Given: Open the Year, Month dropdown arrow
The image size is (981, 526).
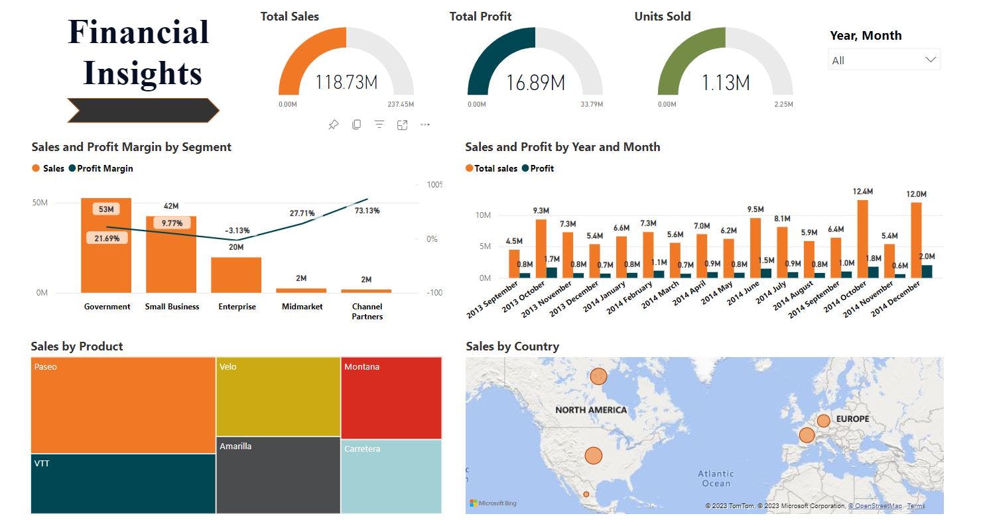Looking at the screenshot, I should click(931, 60).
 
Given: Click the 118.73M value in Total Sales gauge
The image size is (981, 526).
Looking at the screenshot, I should click(346, 83).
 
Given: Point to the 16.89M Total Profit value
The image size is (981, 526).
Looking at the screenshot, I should click(535, 83).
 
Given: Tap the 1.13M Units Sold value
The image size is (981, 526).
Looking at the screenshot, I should click(726, 83).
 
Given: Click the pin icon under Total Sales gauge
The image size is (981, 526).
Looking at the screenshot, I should click(334, 125).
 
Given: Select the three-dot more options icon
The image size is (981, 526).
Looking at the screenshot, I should click(425, 125).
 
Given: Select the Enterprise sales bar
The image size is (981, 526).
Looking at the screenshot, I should click(236, 275).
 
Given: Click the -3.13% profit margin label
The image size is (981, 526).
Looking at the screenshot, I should click(236, 231).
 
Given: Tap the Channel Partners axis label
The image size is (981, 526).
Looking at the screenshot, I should click(367, 311).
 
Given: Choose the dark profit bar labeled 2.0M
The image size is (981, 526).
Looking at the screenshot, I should click(927, 271).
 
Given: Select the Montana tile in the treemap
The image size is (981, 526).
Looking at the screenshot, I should click(391, 397).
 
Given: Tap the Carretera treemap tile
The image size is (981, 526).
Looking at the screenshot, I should click(391, 476).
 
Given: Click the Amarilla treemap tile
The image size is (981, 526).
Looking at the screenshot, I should click(278, 474).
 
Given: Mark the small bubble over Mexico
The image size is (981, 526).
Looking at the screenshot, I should click(586, 494).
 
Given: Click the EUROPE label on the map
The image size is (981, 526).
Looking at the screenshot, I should click(852, 419).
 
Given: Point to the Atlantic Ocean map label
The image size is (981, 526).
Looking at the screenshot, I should click(716, 478).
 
